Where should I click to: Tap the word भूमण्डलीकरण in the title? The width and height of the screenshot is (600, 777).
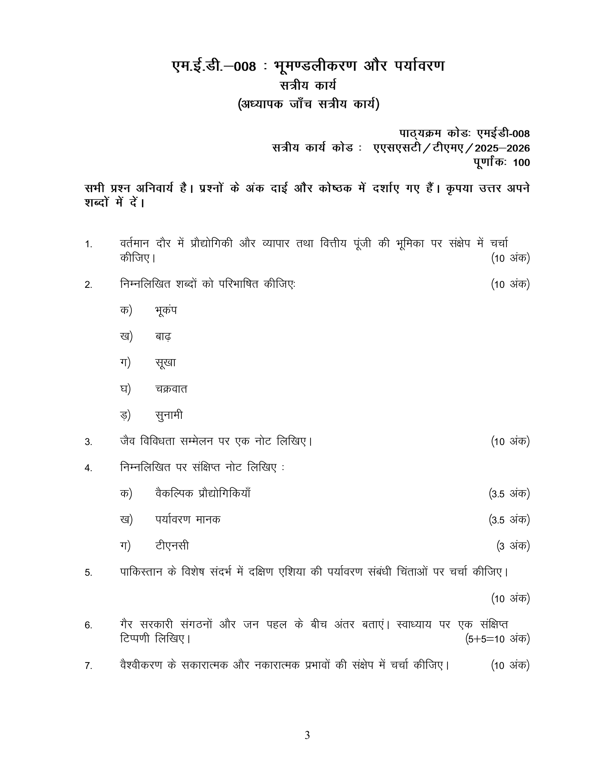[x=315, y=66]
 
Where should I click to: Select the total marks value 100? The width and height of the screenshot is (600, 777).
[x=521, y=162]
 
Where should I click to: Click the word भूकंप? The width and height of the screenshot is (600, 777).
[x=166, y=310]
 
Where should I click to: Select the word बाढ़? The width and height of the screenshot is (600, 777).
[x=163, y=336]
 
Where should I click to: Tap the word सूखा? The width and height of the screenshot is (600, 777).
[x=166, y=362]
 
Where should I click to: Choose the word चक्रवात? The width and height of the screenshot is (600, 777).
[x=171, y=389]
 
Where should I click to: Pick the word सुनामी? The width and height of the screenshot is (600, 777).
[x=169, y=415]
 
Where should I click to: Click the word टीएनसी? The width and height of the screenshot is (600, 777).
[x=172, y=546]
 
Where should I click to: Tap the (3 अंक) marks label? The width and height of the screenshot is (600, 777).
[x=513, y=546]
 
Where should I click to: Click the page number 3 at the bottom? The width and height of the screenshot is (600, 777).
[x=307, y=735]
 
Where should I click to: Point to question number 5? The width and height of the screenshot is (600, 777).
[x=88, y=573]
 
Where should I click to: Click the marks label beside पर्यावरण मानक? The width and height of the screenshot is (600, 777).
[x=509, y=520]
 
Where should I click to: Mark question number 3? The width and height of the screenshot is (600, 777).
[x=88, y=442]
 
